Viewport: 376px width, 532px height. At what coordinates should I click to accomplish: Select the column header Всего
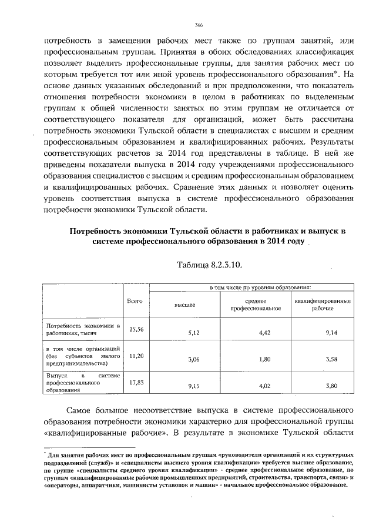tap(136, 301)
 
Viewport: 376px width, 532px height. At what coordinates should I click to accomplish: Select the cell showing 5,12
tap(194, 333)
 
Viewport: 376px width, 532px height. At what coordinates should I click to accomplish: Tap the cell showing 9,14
tap(331, 333)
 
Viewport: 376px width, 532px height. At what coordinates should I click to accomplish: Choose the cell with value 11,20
tap(136, 355)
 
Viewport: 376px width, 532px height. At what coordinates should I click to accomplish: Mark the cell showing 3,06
tap(194, 359)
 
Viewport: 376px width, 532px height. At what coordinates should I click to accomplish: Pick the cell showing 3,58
tap(331, 359)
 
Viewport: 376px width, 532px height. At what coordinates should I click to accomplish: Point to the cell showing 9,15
tap(194, 386)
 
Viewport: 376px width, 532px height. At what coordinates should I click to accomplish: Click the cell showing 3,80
tap(331, 386)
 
